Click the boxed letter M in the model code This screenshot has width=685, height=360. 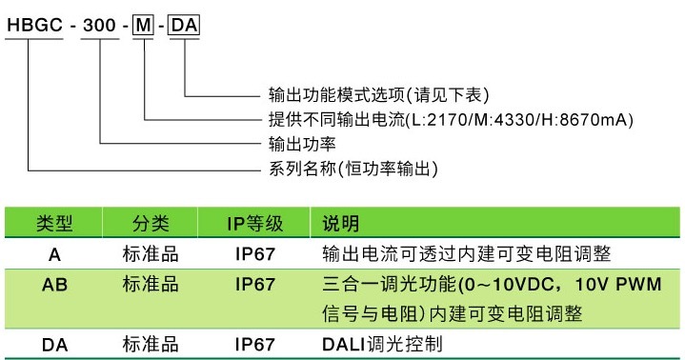click(142, 26)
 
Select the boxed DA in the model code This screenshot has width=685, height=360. click(183, 26)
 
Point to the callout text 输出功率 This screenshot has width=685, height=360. click(298, 146)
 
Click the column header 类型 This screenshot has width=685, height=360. click(54, 225)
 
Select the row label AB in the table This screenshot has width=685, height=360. click(54, 284)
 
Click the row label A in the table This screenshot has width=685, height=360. click(54, 254)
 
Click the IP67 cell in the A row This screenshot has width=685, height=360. click(254, 254)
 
